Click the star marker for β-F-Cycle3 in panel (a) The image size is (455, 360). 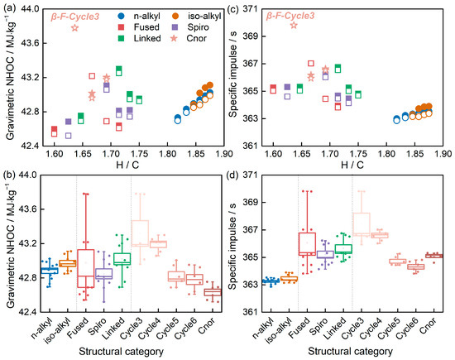coord(74,28)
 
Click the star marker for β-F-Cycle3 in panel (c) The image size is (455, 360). coord(294,26)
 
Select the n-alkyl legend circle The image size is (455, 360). coord(122,17)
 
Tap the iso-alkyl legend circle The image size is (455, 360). coord(175,17)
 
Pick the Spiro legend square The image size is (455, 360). coord(175,27)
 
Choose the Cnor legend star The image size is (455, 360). coord(174,38)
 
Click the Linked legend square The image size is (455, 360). coord(122,38)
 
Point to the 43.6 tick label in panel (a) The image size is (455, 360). coord(30,43)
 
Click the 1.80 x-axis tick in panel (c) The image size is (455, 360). coord(387,154)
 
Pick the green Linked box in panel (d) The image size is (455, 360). coord(343,249)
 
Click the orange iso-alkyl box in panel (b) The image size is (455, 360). coord(68,263)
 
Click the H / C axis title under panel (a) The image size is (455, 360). coord(127,165)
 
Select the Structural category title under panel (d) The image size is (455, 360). coord(350,351)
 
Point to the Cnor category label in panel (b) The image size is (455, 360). coord(207,325)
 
